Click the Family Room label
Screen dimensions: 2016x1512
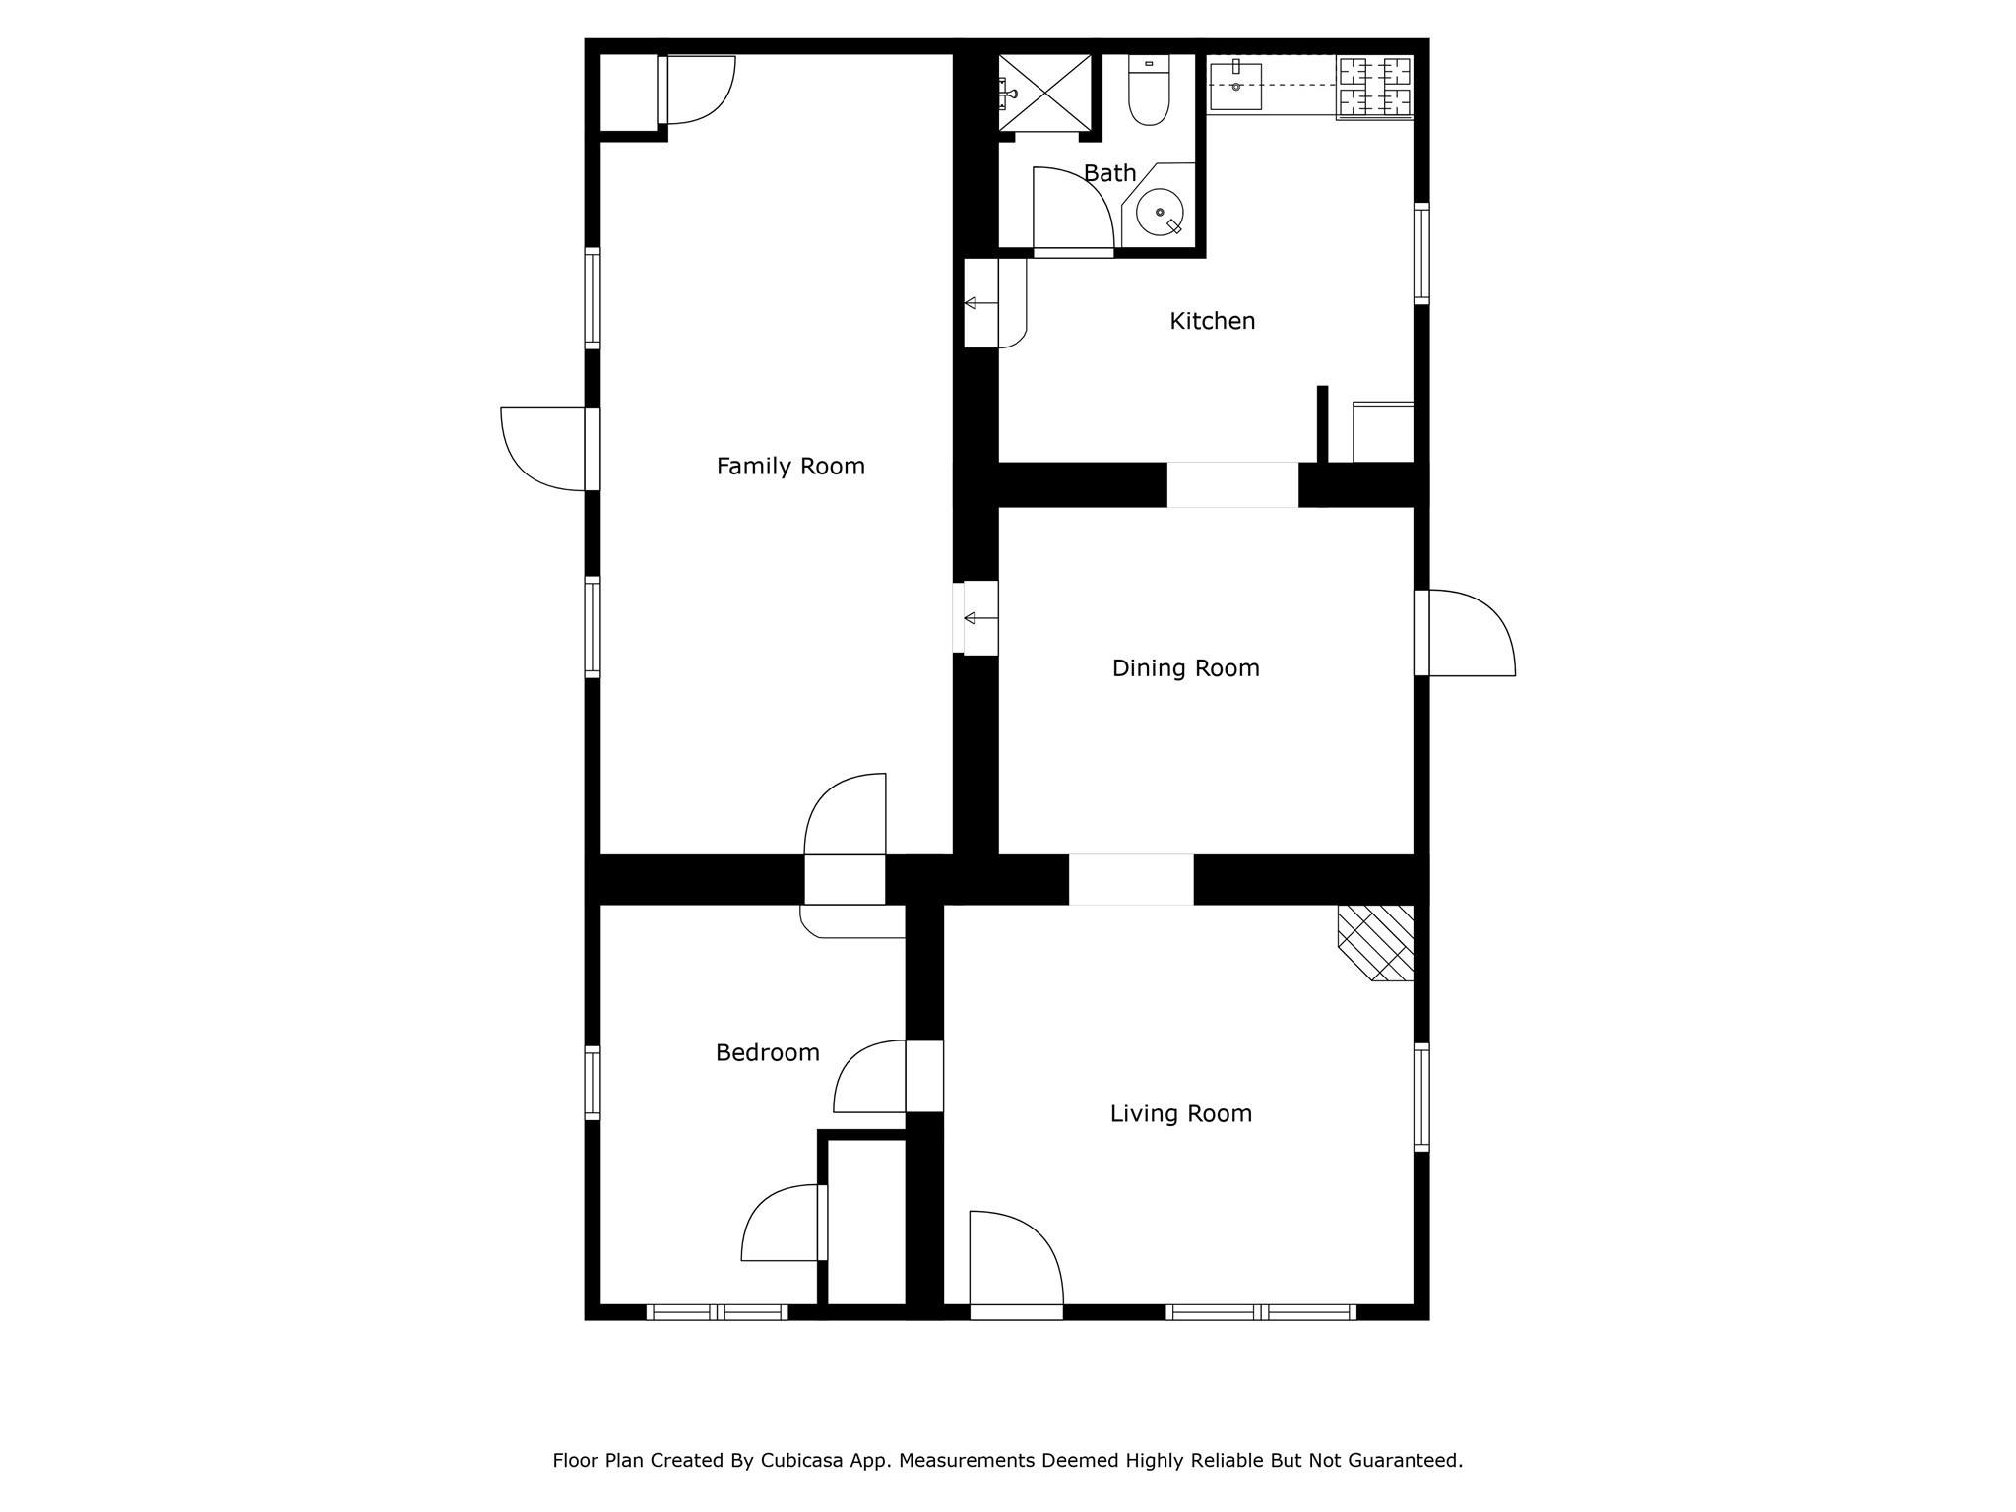[790, 466]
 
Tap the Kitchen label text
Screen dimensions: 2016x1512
[1212, 321]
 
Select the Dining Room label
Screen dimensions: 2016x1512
[1185, 668]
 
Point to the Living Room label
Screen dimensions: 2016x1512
[1180, 1113]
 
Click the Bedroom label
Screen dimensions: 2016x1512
[767, 1053]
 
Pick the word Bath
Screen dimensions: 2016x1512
[1109, 173]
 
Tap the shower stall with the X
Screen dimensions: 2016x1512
[1045, 93]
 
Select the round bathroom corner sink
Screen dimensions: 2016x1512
[1160, 212]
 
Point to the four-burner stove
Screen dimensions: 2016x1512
[1374, 88]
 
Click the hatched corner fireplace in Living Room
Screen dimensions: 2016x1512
[1376, 943]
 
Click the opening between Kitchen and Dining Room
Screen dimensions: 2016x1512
[1232, 484]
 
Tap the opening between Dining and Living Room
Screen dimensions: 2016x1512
[1131, 879]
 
